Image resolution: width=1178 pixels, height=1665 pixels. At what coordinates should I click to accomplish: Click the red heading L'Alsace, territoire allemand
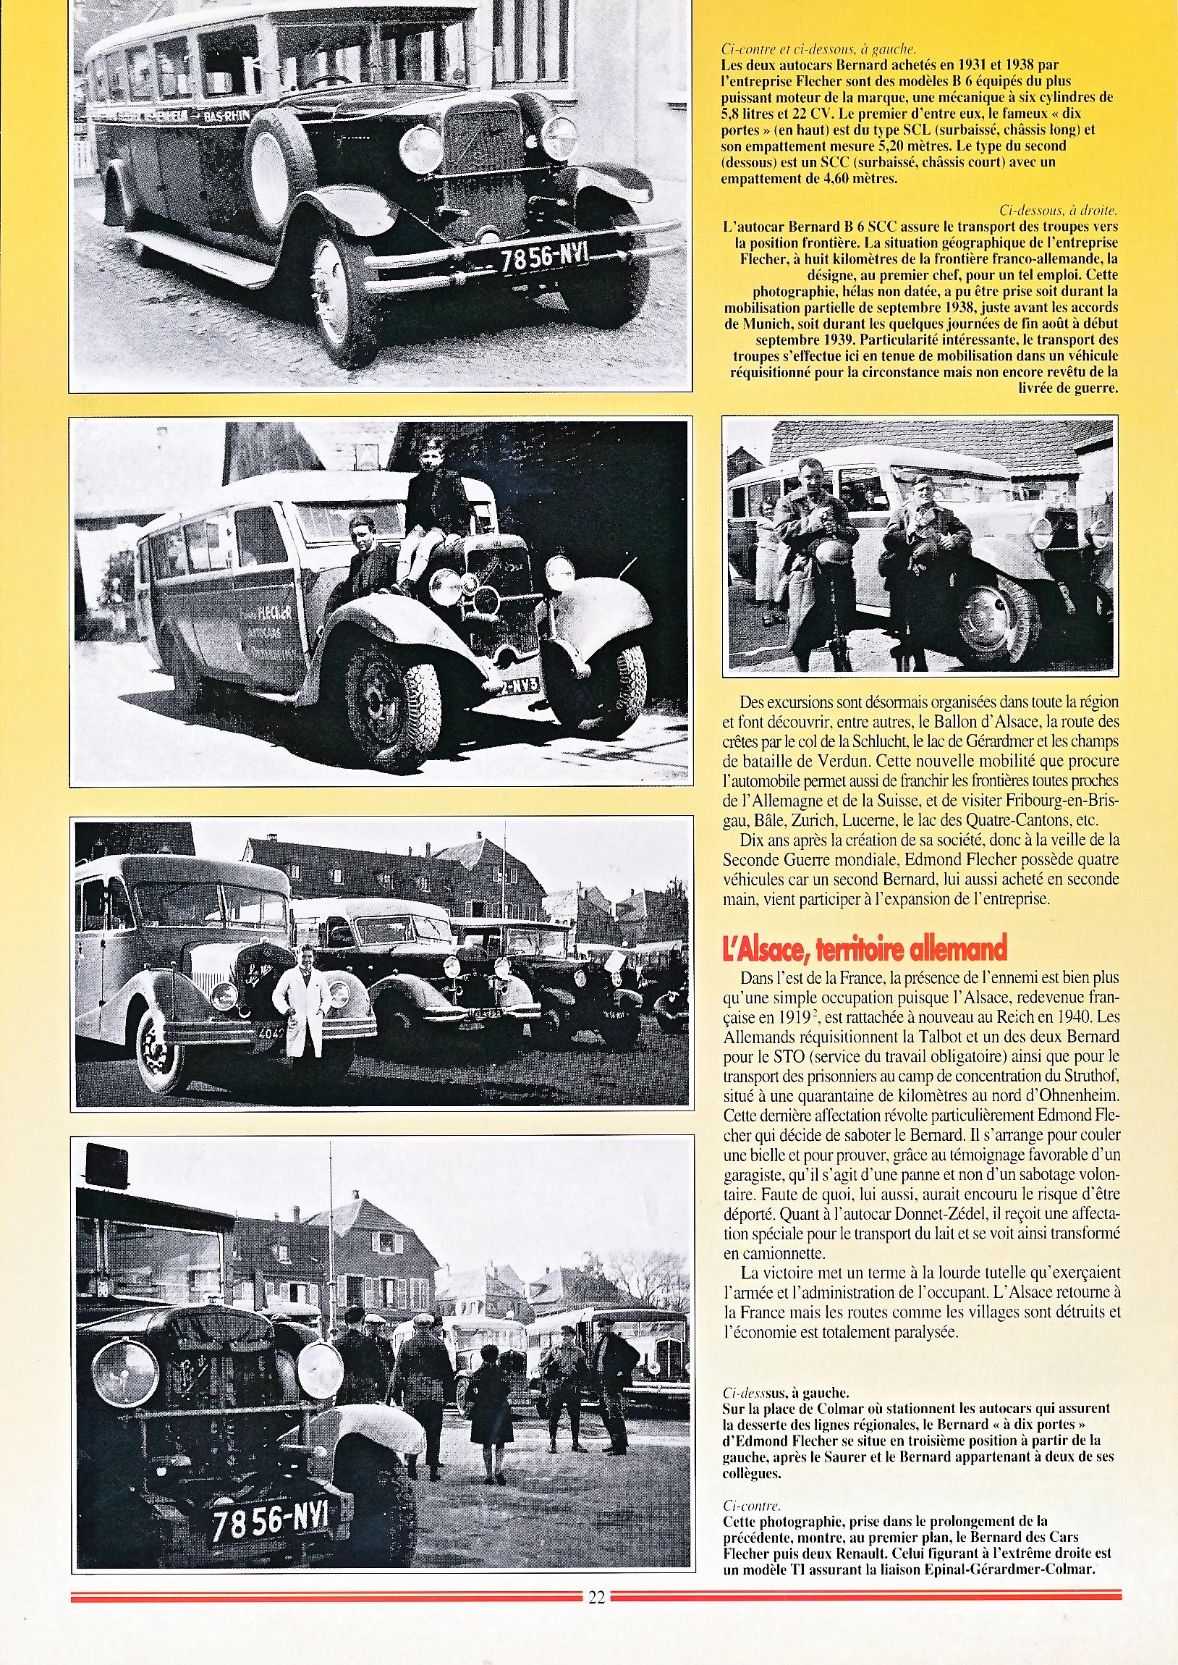(x=865, y=948)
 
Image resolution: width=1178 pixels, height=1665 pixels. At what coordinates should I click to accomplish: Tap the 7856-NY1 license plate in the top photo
(x=545, y=257)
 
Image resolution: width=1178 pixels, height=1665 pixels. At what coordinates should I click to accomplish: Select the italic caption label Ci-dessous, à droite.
(x=1058, y=211)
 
